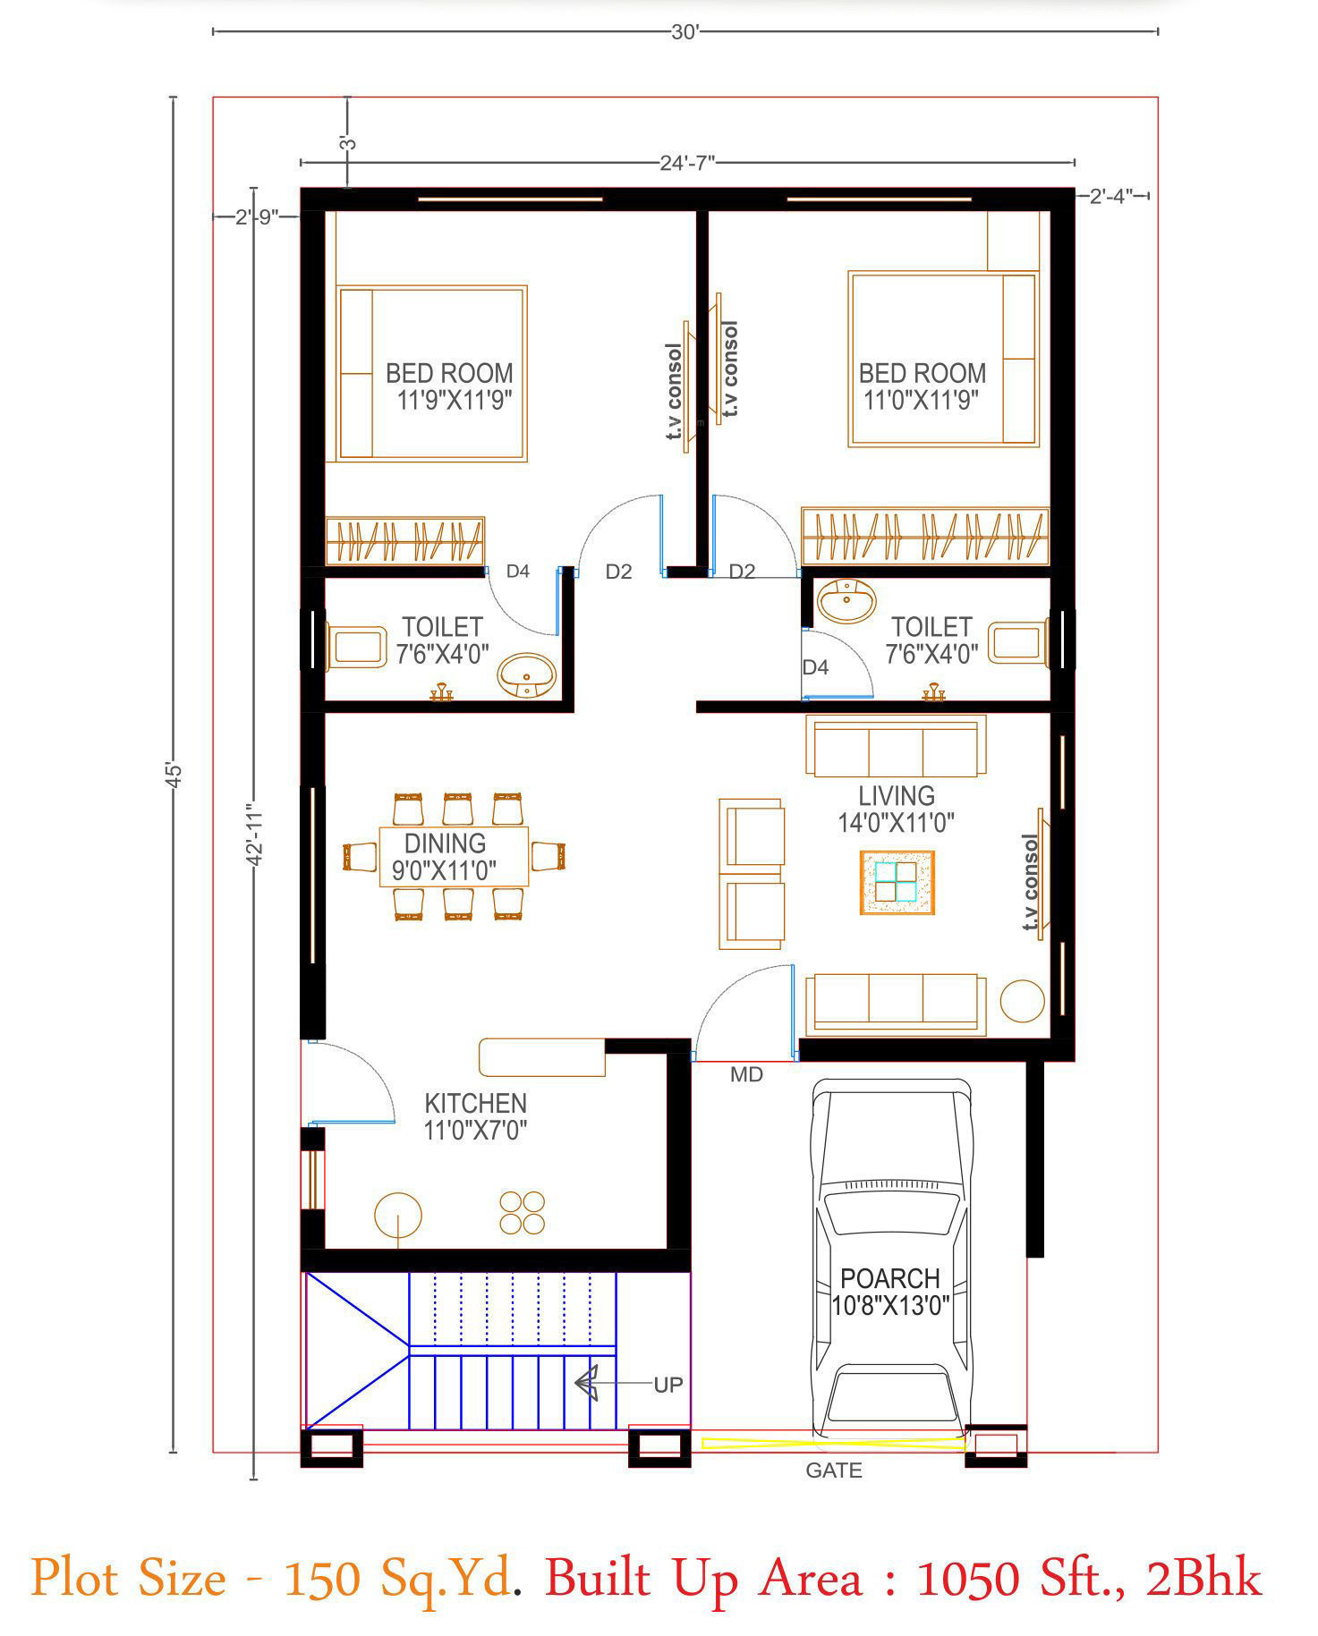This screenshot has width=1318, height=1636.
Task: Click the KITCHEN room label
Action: [475, 1103]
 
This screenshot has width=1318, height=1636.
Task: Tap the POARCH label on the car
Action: [889, 1278]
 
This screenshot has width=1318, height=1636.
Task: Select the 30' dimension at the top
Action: [685, 32]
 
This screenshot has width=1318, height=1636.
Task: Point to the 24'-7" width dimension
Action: [687, 163]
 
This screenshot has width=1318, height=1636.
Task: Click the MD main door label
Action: [746, 1075]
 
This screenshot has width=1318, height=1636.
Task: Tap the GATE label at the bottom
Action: [833, 1471]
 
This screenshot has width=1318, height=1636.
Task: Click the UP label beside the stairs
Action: [668, 1385]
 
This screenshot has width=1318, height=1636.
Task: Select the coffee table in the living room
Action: [897, 882]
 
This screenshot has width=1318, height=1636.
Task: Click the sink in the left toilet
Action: [527, 675]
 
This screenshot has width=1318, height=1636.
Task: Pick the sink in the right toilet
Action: [846, 600]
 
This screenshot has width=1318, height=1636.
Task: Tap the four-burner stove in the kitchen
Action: [522, 1213]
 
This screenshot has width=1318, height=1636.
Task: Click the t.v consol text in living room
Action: [1030, 882]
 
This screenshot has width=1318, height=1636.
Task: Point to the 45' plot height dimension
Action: [174, 774]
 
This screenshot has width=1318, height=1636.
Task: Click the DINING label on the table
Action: [445, 843]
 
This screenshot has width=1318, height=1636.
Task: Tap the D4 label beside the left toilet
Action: [518, 571]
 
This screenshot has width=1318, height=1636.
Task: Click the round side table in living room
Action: [1022, 1001]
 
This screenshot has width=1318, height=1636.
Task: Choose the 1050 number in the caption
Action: [968, 1578]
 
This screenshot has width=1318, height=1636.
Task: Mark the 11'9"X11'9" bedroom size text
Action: [455, 400]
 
